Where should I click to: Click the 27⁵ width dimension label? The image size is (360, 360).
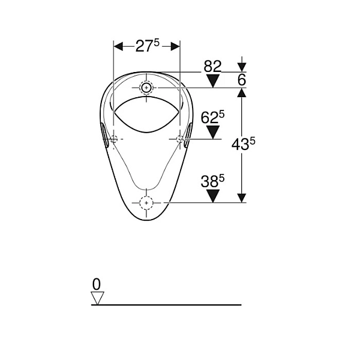point(147,46)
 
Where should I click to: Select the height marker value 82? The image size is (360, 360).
point(212,66)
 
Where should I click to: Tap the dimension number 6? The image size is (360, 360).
point(242,80)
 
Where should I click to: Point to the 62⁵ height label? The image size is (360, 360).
point(212,117)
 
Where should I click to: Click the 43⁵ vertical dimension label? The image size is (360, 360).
point(243,145)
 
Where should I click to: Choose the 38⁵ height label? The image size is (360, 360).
point(212,181)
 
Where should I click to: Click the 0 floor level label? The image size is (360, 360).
point(97,284)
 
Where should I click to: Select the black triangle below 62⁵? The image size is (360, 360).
point(213,133)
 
